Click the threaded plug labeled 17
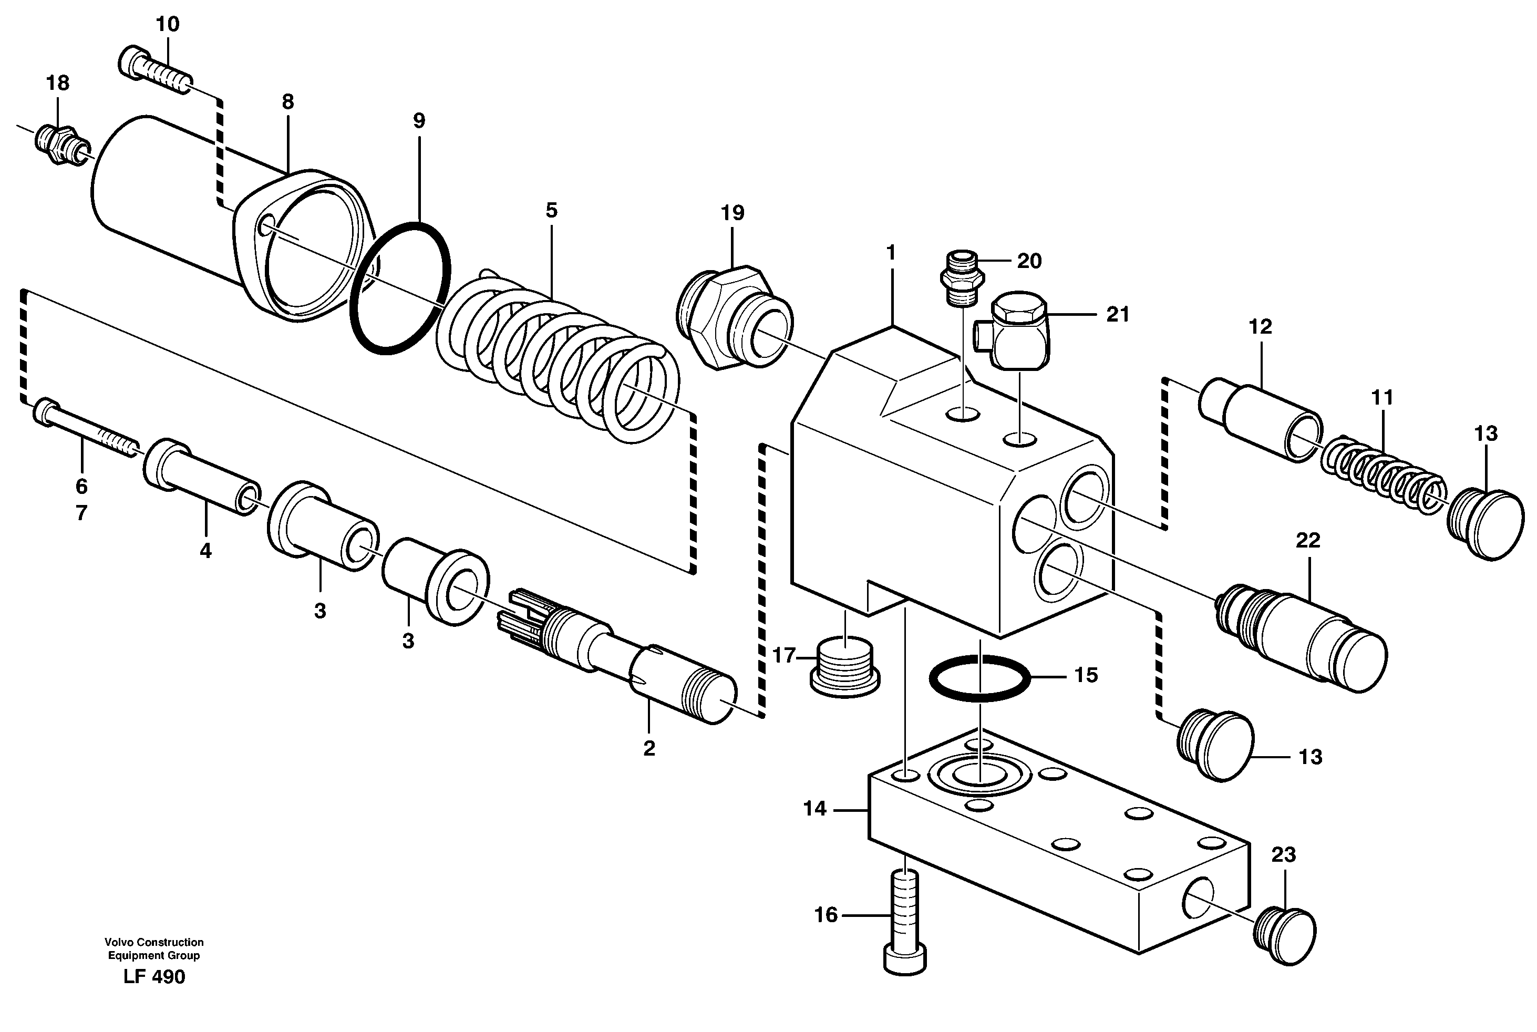click(844, 667)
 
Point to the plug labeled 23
click(1284, 935)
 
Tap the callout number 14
click(814, 808)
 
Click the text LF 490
click(154, 977)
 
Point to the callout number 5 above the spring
click(551, 211)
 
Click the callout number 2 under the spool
click(649, 748)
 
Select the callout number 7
click(81, 513)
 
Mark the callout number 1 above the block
click(891, 253)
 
